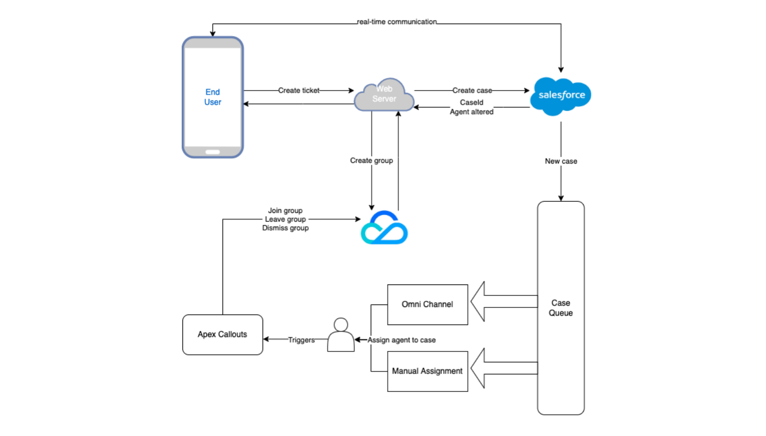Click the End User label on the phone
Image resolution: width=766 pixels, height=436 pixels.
[213, 97]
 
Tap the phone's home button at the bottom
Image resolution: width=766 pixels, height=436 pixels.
[213, 152]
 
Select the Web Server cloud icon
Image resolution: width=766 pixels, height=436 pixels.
[384, 95]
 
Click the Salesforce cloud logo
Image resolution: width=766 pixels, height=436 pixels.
[561, 95]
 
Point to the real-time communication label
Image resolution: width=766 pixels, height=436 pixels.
[397, 22]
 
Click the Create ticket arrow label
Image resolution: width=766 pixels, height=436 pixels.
[299, 91]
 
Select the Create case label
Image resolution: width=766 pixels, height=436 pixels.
[472, 91]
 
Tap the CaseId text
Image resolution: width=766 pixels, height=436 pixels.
[471, 103]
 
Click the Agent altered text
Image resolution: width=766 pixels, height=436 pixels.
[471, 112]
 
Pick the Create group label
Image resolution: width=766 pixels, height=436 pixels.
[371, 160]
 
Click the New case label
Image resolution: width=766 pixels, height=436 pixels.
[561, 161]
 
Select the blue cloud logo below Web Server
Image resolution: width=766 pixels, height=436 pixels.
[384, 228]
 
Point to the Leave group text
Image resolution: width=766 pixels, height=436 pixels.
[285, 219]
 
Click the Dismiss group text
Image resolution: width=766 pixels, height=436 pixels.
[285, 228]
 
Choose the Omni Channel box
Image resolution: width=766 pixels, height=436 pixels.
[427, 305]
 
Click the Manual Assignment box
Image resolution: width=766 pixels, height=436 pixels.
[427, 371]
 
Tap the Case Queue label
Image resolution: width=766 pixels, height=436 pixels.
[560, 308]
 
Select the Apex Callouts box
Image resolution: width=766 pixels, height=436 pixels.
[223, 335]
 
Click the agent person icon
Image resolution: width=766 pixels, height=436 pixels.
[341, 335]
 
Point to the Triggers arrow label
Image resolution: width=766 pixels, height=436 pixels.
[301, 340]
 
